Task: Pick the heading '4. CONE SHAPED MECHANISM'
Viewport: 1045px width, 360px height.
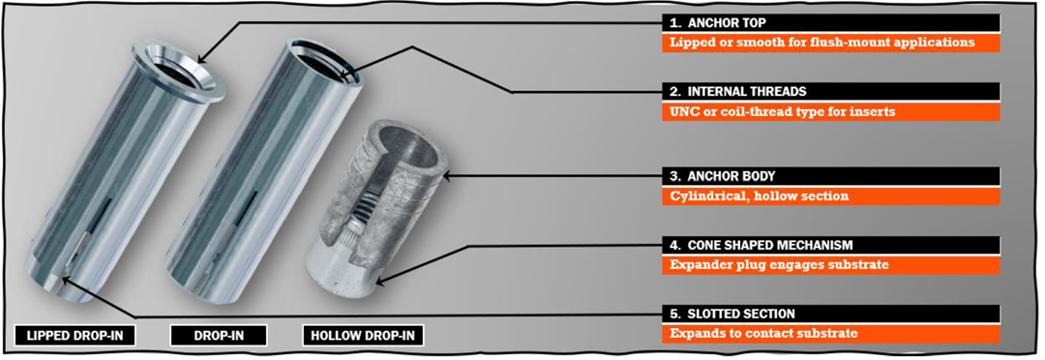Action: coord(761,245)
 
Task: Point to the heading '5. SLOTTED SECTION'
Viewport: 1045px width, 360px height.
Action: coord(732,314)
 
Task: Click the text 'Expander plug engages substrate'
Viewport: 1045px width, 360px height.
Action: coord(779,264)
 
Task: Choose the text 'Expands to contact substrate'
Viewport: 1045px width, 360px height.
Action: coord(763,333)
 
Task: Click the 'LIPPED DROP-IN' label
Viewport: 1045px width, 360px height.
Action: coord(75,336)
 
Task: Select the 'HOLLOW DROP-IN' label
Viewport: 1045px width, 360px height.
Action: coord(363,336)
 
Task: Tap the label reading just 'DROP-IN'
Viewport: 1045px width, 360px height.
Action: coord(219,336)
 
